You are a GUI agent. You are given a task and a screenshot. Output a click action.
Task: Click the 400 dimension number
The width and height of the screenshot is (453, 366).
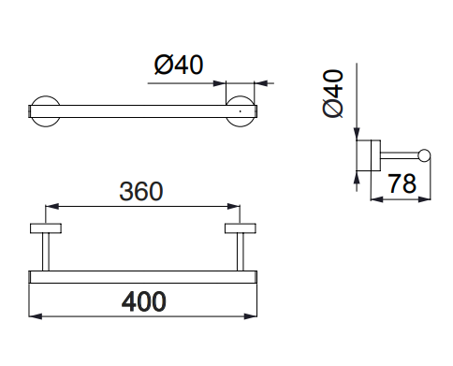click(143, 301)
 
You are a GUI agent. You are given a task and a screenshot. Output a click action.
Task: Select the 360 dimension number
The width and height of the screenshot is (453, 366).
click(141, 191)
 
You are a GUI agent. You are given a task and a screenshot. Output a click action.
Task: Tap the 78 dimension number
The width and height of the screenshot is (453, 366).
click(402, 183)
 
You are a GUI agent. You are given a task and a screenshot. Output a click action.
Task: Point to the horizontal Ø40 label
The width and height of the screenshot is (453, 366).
click(179, 65)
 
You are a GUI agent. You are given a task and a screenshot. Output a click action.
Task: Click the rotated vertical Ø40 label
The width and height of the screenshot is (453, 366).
click(333, 94)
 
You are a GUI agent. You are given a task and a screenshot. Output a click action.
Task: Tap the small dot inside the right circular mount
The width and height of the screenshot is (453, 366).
click(240, 111)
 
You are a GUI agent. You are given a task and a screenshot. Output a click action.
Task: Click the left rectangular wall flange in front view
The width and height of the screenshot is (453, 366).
click(46, 228)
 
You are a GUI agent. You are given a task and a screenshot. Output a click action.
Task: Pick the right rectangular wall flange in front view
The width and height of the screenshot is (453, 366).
click(241, 228)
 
